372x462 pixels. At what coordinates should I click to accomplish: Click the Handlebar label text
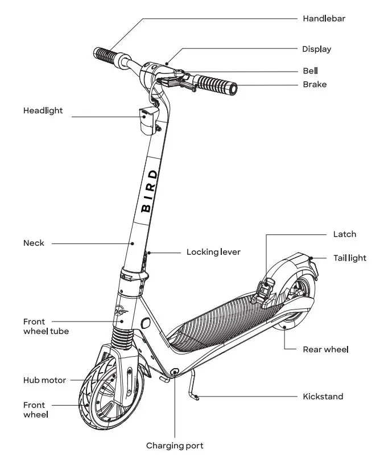point(324,18)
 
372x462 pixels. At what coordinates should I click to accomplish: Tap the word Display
point(316,49)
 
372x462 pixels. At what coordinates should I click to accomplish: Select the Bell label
point(310,71)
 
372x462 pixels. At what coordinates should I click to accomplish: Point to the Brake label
point(315,84)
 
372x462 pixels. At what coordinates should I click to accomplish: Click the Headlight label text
point(43,110)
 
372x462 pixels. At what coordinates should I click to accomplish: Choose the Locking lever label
point(213,251)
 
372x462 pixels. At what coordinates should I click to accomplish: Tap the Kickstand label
point(323,396)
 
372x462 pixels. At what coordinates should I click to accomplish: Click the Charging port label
point(175,445)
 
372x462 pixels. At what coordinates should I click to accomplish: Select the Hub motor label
point(44,380)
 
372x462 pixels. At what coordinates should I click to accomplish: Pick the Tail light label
point(350,258)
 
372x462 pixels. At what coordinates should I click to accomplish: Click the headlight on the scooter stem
point(147,119)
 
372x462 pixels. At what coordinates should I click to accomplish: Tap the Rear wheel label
point(325,349)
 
